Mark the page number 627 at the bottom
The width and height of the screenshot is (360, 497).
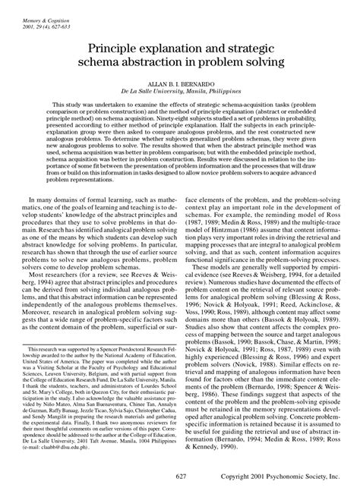pyautogui.click(x=181, y=476)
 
